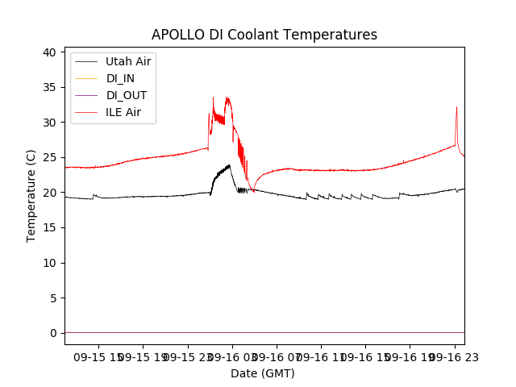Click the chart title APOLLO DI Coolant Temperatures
pos(264,35)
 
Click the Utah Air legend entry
pos(128,61)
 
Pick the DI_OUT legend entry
pos(127,95)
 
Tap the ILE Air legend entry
pos(123,112)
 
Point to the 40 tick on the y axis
pos(49,52)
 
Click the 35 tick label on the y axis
pos(49,87)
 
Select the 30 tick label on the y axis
pos(49,123)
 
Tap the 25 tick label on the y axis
pos(49,157)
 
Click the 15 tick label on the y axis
pos(49,227)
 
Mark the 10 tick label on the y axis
pos(49,263)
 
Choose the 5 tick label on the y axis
pos(52,298)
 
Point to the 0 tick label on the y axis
pos(52,333)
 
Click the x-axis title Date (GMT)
pos(263,373)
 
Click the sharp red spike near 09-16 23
pos(456,107)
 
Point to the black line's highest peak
pos(230,165)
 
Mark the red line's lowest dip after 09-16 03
pos(253,191)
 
